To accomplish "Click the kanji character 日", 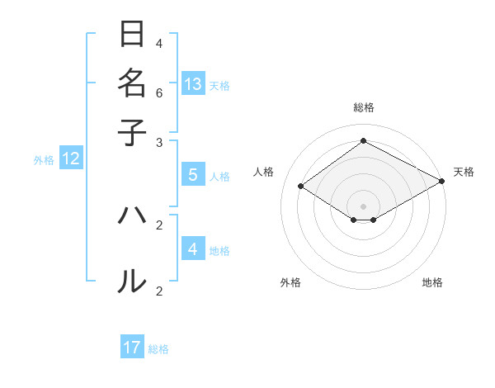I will pos(132,35).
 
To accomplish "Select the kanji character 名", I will pos(132,83).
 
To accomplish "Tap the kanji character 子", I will pos(132,131).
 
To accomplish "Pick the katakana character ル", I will pos(132,281).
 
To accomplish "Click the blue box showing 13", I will pos(193,83).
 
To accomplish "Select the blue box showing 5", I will pos(193,175).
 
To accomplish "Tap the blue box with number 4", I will pos(193,248).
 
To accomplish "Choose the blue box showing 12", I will pos(71,159).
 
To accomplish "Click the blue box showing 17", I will pos(132,348).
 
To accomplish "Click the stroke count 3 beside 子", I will pos(159,143).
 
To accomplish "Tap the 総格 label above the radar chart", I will pos(363,107).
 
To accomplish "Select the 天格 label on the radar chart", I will pos(464,172).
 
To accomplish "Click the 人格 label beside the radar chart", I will pos(264,172).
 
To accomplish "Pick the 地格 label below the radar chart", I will pos(432,282).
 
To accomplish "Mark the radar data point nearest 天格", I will pos(441,181).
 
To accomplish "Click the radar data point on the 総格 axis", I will pos(363,140).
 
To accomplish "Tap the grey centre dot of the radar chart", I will pos(363,206).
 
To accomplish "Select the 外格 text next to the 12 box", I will pos(44,160).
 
